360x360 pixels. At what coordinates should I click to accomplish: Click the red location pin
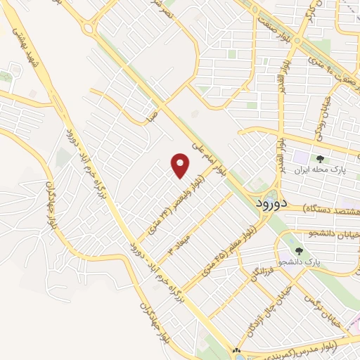tap(181, 166)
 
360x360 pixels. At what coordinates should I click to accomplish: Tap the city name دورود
tap(269, 202)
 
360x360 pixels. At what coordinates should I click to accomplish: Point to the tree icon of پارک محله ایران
tap(320, 159)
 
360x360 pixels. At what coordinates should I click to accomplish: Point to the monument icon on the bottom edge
tap(236, 352)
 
